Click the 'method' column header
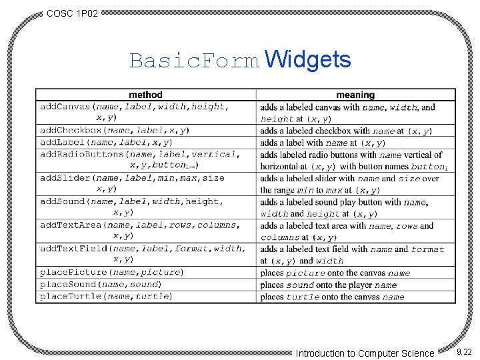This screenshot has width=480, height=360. (x=145, y=95)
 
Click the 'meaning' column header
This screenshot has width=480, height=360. (x=355, y=95)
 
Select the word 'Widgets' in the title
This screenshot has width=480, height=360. (x=307, y=60)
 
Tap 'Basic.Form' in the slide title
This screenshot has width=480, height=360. (x=194, y=61)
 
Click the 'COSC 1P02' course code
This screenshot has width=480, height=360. (x=73, y=13)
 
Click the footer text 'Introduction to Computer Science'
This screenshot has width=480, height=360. (x=365, y=353)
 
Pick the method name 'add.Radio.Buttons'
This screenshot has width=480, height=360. (x=82, y=155)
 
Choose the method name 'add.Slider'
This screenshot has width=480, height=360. (x=66, y=178)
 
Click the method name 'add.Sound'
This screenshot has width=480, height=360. (x=64, y=201)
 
